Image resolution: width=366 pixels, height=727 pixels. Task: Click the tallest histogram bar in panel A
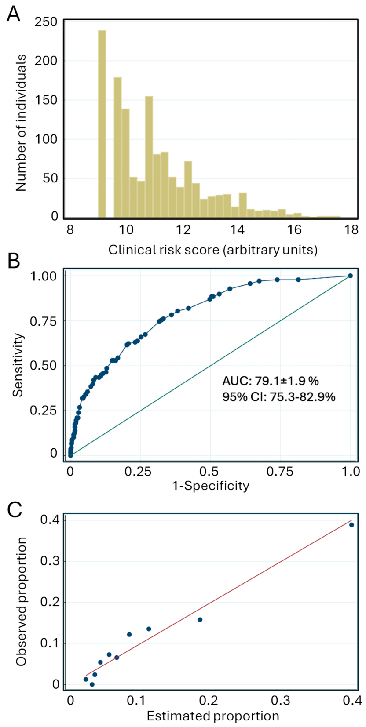point(102,124)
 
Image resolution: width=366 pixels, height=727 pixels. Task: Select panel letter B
point(14,261)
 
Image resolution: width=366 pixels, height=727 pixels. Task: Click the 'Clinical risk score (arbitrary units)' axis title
point(213,250)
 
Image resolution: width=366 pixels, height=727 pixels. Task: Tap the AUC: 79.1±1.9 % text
point(271,381)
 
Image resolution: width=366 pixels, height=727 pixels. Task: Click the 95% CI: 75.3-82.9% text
point(278,397)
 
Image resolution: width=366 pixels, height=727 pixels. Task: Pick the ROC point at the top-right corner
point(350,276)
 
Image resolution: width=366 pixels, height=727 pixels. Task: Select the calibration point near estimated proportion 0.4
point(351,525)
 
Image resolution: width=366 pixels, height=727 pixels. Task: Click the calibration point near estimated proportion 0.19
point(200,620)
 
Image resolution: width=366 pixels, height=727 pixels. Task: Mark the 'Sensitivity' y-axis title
point(18,365)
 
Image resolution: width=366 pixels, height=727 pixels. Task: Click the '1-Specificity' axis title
point(210,486)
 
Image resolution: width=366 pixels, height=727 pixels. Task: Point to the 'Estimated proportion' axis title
point(213,716)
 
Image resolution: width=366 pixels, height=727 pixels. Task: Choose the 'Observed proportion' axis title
point(21,602)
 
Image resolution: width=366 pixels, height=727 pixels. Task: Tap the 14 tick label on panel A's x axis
point(238,230)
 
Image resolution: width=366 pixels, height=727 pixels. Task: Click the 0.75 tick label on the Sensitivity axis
point(44,321)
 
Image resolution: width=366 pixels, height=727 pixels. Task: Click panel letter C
point(14,510)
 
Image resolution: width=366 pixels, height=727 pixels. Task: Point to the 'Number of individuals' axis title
point(21,123)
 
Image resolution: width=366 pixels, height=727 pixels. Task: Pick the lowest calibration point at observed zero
point(92,684)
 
